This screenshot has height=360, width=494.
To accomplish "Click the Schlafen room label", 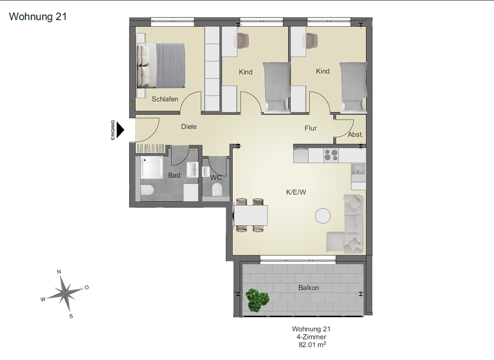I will pos(165,99).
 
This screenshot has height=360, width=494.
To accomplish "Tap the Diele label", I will pos(188,127).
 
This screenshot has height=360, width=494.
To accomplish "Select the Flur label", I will pos(311,128).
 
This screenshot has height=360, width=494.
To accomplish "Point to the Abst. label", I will pos(355,135).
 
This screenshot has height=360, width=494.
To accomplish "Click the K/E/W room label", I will pos(297,192).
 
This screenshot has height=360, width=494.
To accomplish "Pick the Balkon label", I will pos(308,287).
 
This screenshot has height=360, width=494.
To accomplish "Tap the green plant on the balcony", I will pos(257,300).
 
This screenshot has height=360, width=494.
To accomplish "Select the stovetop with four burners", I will pos(331,155).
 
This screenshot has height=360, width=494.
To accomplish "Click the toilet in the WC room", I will pos(217,190).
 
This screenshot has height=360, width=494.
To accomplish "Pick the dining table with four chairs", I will pos(250,214).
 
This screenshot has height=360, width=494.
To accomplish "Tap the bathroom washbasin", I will pos(192,170).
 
